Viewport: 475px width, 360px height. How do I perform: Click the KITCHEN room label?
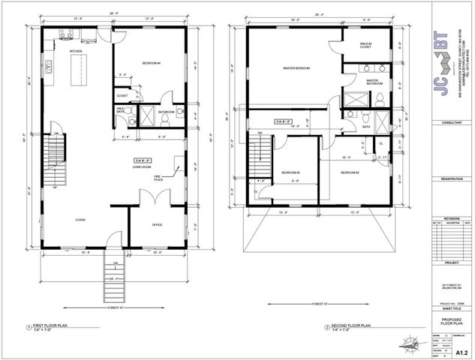(x=76, y=51)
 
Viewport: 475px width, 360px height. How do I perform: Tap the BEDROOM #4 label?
(x=152, y=64)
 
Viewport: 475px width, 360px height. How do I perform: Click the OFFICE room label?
(x=158, y=224)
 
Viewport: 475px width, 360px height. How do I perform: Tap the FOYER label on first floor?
(x=80, y=220)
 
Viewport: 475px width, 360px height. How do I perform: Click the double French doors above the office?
(x=150, y=198)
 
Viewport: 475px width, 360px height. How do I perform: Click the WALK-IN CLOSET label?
(x=365, y=46)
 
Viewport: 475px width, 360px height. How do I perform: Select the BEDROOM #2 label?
(x=291, y=172)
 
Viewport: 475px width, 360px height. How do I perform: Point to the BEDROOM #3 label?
(x=350, y=172)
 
